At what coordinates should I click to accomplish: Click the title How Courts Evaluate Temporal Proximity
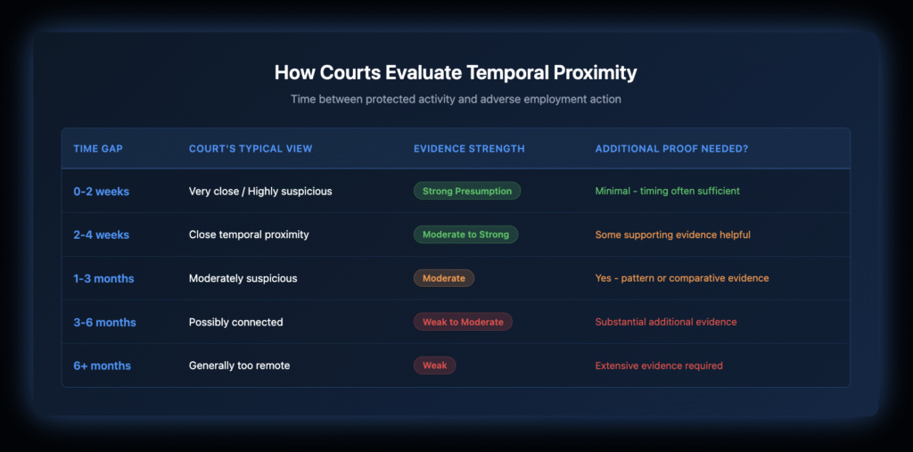456,73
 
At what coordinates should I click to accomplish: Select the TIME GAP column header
98,149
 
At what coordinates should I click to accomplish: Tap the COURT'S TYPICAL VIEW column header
251,149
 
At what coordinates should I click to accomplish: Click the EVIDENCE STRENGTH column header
469,149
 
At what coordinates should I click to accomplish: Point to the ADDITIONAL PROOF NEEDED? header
671,149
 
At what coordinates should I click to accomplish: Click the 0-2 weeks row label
102,191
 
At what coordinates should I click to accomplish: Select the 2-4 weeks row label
102,234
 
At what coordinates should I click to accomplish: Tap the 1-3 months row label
103,278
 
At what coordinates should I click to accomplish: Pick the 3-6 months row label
105,322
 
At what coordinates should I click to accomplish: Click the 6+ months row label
102,366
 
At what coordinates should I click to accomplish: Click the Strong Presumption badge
467,191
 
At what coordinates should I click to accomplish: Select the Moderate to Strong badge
465,234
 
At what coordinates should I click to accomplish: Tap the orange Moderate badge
444,278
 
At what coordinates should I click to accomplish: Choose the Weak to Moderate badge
463,322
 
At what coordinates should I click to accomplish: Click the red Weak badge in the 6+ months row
434,366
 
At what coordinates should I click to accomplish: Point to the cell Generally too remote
239,366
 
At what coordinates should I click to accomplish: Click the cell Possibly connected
235,322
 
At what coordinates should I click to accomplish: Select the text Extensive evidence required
659,366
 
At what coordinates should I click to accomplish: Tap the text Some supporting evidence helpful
672,234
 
